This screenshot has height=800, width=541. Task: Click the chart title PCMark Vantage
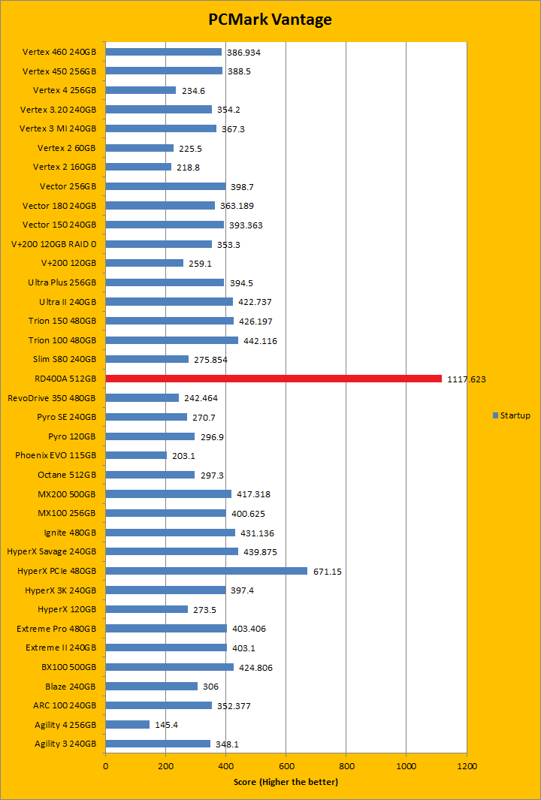270,20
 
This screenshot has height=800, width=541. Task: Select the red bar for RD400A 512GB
274,379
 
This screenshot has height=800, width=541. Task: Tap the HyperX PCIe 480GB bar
207,571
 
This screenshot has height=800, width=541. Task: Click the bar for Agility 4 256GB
128,725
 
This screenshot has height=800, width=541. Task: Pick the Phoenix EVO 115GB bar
136,455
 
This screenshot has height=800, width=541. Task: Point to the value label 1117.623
467,379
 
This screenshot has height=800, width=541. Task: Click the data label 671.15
328,572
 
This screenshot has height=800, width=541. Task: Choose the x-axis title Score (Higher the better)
286,783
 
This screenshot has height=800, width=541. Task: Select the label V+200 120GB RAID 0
53,244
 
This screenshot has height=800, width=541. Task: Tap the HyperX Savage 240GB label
51,551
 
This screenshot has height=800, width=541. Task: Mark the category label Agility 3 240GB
65,744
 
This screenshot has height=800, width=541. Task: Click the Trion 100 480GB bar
172,340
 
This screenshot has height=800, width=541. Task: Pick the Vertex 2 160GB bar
138,167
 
